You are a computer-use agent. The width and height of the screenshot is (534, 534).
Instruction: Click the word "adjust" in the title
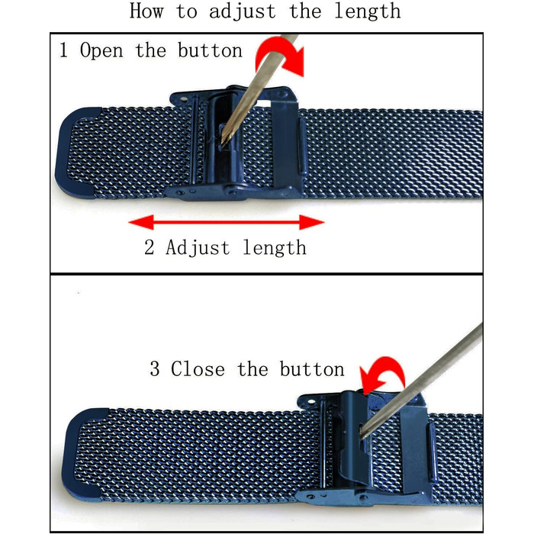242,12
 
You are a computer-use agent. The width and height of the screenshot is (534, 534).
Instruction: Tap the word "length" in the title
368,12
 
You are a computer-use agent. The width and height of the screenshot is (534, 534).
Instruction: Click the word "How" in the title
146,11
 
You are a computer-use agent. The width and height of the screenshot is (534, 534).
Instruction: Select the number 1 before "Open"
63,50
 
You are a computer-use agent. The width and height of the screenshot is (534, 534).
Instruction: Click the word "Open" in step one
101,51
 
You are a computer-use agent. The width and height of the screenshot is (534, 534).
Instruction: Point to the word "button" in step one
210,50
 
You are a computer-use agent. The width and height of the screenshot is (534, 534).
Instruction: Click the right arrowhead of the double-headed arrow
311,223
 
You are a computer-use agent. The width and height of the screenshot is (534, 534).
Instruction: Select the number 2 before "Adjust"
150,248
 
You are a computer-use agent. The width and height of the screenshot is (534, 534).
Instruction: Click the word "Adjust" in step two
198,248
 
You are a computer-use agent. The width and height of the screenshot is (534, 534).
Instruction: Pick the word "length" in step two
275,248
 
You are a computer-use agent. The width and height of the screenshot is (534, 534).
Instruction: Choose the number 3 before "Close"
155,369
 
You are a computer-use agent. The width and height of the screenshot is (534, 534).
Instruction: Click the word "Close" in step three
198,369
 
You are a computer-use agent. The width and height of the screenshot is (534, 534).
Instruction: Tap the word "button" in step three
312,369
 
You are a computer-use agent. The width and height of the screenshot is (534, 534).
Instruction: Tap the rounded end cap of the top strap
73,153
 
